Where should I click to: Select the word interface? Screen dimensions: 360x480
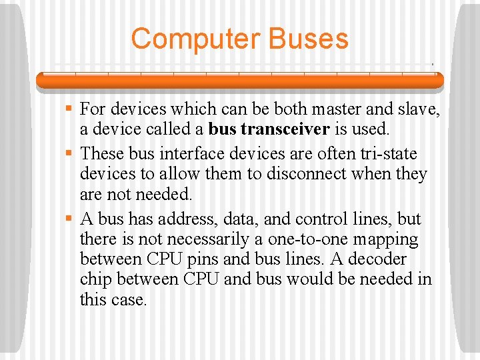pos(193,154)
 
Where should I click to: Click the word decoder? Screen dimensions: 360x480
pos(378,259)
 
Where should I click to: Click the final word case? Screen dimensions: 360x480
pos(131,299)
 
